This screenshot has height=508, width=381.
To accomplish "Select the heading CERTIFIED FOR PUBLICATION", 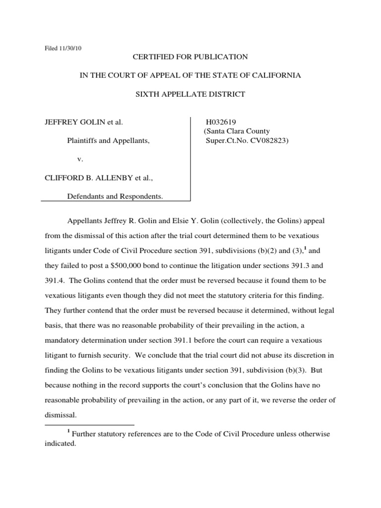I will click(190, 57).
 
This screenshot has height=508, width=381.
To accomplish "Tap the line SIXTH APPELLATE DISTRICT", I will click(190, 94).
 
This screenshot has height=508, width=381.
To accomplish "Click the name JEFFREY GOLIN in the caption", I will click(75, 122).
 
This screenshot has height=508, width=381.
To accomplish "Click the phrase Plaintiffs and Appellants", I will click(108, 141).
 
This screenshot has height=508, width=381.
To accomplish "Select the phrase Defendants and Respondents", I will click(115, 196).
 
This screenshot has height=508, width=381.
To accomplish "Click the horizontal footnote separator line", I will click(89, 425).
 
